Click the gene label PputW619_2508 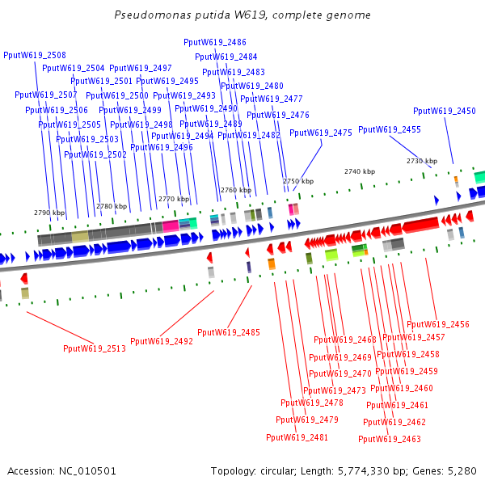[x=35, y=55]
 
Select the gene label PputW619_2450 [x=445, y=111]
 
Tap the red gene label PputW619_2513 [x=95, y=348]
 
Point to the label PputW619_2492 [x=162, y=341]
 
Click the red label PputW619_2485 [x=229, y=332]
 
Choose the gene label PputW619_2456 [x=438, y=324]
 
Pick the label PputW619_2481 [x=297, y=437]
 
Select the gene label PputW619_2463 [x=390, y=439]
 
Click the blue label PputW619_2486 [x=215, y=42]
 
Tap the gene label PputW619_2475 [x=321, y=133]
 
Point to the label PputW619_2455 [x=390, y=129]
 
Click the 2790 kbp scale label [x=48, y=213]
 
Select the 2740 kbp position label [x=360, y=171]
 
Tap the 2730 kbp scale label [x=421, y=161]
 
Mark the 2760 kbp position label [x=235, y=190]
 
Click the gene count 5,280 [x=462, y=470]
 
